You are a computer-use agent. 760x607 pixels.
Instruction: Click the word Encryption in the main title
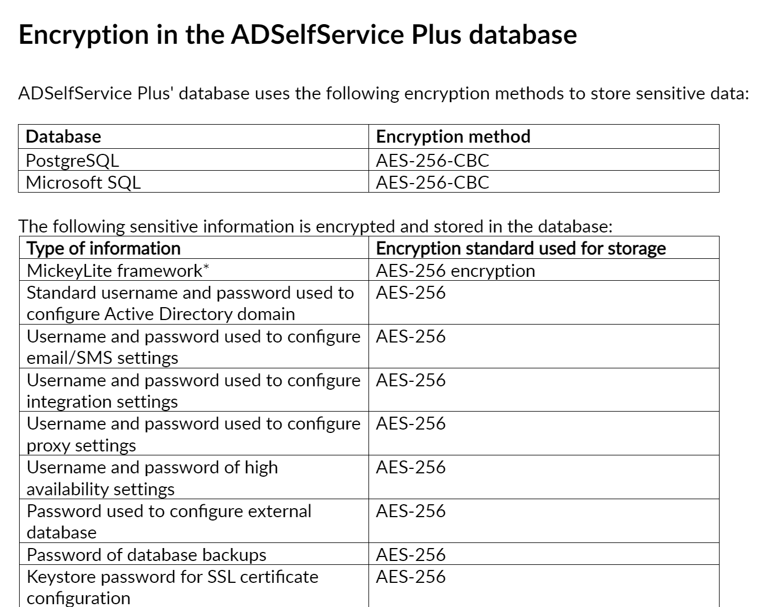[84, 35]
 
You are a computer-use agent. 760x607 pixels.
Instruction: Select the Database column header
[63, 136]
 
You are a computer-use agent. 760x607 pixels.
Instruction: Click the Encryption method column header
[453, 136]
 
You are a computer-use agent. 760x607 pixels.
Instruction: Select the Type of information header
[103, 248]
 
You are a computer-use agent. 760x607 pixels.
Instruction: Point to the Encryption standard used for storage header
[521, 248]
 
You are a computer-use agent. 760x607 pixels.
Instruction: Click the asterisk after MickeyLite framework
[206, 267]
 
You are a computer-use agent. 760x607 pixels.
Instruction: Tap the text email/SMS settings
[102, 358]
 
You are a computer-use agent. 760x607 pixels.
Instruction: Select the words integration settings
[102, 402]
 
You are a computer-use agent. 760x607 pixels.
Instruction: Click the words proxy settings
[81, 446]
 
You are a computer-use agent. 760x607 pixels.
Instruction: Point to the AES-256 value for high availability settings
[411, 468]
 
